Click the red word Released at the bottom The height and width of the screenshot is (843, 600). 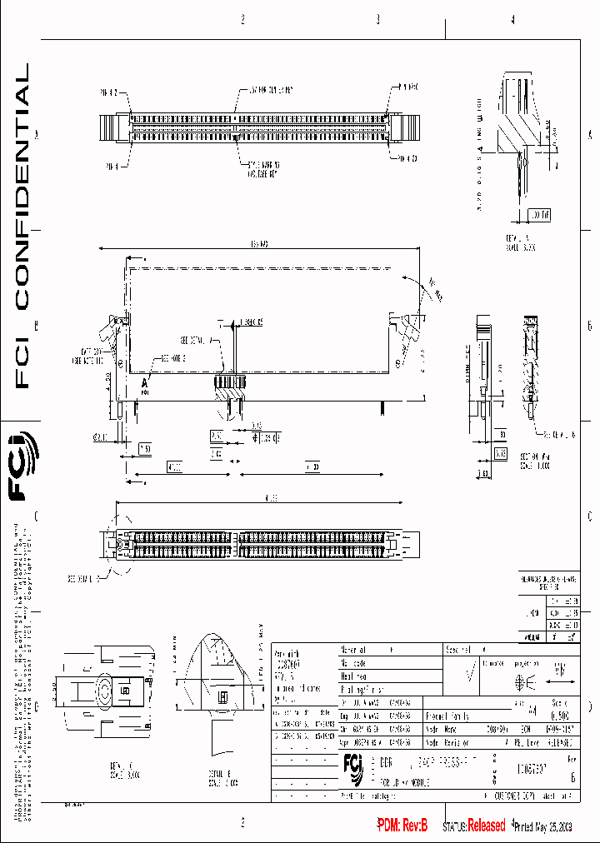pyautogui.click(x=485, y=826)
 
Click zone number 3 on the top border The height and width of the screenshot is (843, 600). pyautogui.click(x=377, y=20)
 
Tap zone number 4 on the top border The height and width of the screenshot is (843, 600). pyautogui.click(x=512, y=20)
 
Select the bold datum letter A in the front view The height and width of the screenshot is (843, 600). pyautogui.click(x=144, y=382)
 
